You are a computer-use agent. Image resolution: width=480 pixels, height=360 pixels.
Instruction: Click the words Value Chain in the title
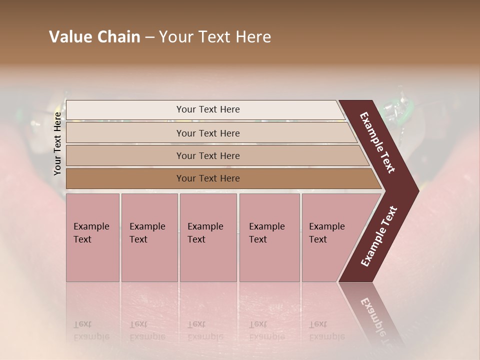click(94, 37)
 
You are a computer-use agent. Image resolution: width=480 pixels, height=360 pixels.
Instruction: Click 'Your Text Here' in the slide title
click(215, 37)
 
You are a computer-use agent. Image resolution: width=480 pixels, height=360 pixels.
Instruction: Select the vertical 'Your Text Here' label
click(57, 144)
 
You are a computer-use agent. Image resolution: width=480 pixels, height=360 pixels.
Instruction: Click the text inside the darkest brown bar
click(208, 178)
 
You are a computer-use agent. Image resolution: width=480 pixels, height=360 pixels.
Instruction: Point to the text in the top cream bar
click(208, 109)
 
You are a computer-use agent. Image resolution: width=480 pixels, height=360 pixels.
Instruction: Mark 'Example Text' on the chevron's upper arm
click(377, 142)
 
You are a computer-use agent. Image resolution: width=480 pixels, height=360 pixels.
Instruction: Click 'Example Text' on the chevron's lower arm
click(379, 236)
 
